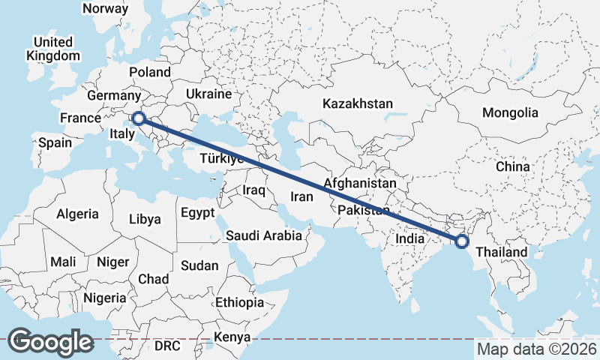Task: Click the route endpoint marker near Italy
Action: tap(138, 118)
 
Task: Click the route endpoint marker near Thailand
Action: tap(462, 241)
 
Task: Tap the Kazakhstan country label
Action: tap(358, 103)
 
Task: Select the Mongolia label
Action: tap(510, 113)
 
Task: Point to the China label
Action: tap(513, 166)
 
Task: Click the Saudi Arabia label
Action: tap(264, 235)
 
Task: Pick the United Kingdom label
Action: tap(52, 49)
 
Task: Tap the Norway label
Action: tap(105, 8)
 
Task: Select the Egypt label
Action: tap(198, 213)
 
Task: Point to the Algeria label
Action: tap(77, 214)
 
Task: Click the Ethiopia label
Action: tap(239, 303)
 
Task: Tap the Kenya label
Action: tap(232, 337)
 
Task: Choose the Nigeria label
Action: tap(105, 298)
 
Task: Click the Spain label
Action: tap(55, 142)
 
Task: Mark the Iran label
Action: tap(301, 196)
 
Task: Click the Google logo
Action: tap(50, 341)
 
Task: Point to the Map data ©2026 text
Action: tap(536, 349)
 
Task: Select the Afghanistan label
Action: tap(360, 183)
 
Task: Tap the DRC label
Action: tap(168, 346)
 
